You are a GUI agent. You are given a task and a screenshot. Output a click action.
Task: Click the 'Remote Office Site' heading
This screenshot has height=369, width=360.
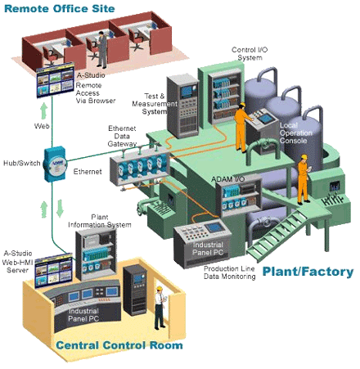60,8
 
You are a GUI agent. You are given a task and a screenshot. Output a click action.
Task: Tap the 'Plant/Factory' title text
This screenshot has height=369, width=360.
308,272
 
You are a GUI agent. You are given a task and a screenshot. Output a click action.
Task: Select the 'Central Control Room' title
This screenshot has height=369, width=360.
119,345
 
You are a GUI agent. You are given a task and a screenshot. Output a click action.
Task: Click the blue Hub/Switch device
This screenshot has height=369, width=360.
56,164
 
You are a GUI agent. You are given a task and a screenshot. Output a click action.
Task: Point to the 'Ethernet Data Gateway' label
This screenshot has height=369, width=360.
122,136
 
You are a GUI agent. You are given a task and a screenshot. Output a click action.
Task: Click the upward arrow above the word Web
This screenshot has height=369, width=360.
43,111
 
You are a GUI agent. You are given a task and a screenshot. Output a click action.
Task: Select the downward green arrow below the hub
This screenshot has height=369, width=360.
60,208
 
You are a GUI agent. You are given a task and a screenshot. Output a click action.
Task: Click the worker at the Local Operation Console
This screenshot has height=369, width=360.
242,127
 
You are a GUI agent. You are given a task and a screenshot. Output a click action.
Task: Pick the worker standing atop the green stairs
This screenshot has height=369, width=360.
304,179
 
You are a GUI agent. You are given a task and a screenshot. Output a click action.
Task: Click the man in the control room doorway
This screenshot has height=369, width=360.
160,308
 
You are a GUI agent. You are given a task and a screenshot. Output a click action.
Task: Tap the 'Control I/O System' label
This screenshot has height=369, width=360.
250,53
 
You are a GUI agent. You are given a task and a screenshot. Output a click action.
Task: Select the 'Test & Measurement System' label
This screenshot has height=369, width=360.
155,104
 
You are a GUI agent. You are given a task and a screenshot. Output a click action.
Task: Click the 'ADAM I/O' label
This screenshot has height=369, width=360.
228,179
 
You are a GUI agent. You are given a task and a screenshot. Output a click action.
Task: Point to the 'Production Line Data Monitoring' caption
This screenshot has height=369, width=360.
230,272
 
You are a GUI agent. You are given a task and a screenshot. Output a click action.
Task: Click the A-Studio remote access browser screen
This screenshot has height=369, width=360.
56,80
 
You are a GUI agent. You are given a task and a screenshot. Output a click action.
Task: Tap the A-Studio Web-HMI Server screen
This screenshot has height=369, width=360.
53,270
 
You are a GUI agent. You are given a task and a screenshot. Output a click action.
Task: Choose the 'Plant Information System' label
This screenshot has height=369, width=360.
100,221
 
